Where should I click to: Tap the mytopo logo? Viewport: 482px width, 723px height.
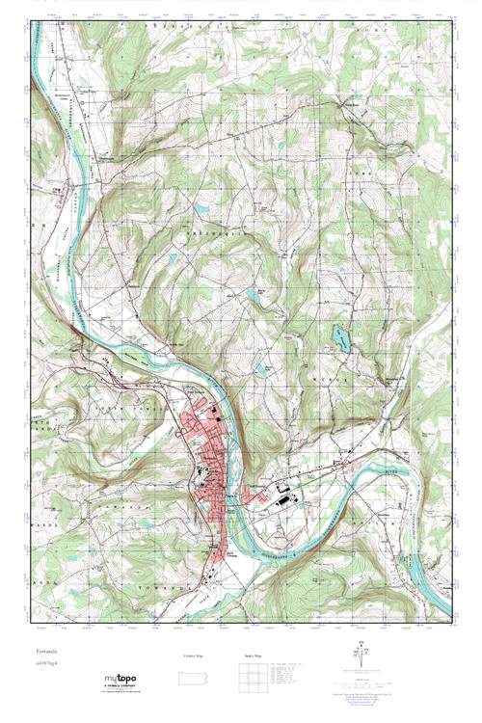(x=120, y=678)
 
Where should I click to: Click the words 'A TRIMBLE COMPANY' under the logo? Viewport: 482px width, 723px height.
(x=119, y=686)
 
